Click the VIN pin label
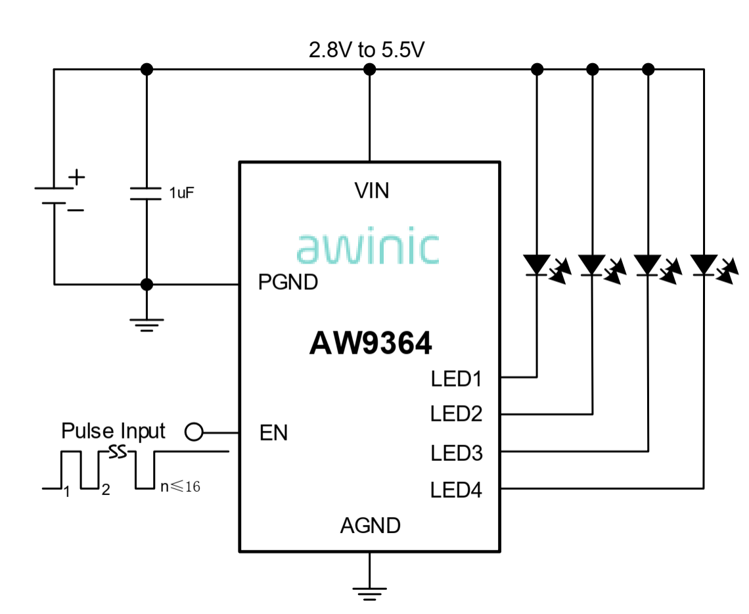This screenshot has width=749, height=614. pos(371,191)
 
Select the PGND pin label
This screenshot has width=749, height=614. pos(288,283)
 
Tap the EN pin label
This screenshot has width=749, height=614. pos(273,434)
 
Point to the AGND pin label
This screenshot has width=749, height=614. pos(370,526)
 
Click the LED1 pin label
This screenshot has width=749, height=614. pos(457,379)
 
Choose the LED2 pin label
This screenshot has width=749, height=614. pos(457,414)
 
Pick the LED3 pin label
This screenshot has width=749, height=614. pos(457,453)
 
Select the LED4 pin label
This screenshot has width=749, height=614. pos(457,490)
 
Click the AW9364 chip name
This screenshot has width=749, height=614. pos(371,343)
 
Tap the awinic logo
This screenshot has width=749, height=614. pos(367,247)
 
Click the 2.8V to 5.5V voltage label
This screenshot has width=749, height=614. pos(367,50)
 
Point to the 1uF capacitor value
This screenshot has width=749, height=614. pos(181,193)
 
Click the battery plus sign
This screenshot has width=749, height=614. pos(77,177)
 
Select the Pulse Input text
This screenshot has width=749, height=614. pos(113,431)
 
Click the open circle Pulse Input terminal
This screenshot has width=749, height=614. pos(194,432)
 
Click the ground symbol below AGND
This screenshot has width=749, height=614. pos(370,591)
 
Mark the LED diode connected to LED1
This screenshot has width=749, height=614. pos(538,265)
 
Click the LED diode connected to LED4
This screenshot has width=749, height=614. pos(704,265)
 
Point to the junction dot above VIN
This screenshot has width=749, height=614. pos(370,69)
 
